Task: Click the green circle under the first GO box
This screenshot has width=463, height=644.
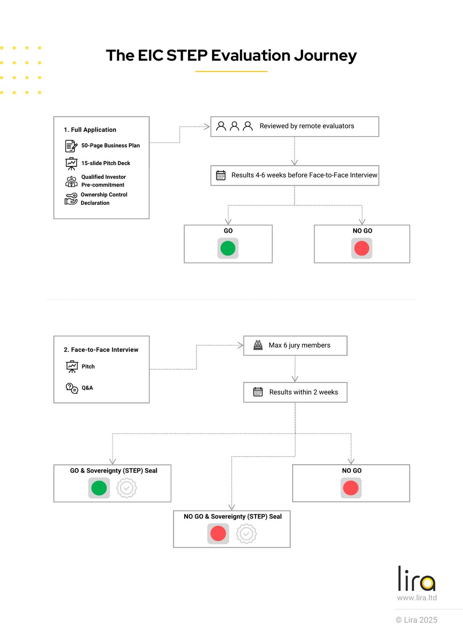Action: click(228, 249)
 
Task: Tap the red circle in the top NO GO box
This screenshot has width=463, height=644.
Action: click(362, 249)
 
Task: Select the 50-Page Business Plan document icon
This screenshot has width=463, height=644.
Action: click(71, 146)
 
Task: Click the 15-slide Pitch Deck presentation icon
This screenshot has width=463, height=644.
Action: click(72, 163)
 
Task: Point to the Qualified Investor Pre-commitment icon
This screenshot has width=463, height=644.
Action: click(72, 181)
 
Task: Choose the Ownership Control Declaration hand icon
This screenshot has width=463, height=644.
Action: click(71, 199)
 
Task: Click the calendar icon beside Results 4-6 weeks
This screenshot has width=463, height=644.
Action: click(221, 175)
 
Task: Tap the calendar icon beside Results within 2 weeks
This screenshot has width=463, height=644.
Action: click(258, 392)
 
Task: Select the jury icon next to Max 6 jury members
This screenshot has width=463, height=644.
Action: click(258, 345)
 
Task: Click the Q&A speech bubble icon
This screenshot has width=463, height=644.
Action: click(72, 388)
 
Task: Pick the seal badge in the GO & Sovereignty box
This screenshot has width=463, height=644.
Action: click(126, 488)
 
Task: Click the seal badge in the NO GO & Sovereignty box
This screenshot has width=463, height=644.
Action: click(246, 534)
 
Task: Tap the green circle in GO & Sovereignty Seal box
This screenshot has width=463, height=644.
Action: click(99, 488)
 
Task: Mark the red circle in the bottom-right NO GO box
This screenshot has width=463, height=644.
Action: click(351, 488)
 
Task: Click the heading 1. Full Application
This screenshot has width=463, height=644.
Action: click(90, 130)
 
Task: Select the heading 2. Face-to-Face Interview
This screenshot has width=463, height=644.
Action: click(101, 350)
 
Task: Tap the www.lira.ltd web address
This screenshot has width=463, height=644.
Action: click(417, 598)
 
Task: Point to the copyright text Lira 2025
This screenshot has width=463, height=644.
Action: click(417, 620)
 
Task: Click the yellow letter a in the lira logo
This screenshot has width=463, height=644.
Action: click(428, 583)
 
